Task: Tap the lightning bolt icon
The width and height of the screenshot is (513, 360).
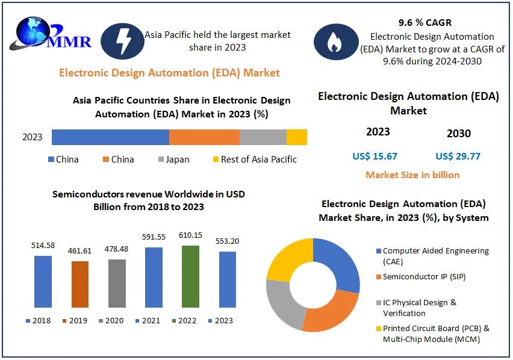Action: (122, 41)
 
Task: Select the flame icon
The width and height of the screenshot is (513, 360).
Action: (336, 42)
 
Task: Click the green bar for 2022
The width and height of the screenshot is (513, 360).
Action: (190, 276)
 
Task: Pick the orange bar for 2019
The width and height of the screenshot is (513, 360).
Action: (80, 284)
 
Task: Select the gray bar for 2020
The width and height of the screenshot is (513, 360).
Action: (117, 283)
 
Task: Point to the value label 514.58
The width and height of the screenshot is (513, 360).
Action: (43, 246)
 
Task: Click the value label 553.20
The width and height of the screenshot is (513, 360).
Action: (228, 241)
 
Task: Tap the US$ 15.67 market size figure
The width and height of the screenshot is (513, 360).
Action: (375, 157)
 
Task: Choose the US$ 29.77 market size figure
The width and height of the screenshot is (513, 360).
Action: (458, 157)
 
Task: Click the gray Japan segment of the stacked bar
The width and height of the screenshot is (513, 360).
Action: (263, 137)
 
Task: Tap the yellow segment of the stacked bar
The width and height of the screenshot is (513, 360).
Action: (297, 137)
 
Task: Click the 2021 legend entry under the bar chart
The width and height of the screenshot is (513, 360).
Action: (147, 321)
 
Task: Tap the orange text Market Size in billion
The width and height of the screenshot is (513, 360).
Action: (412, 175)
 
